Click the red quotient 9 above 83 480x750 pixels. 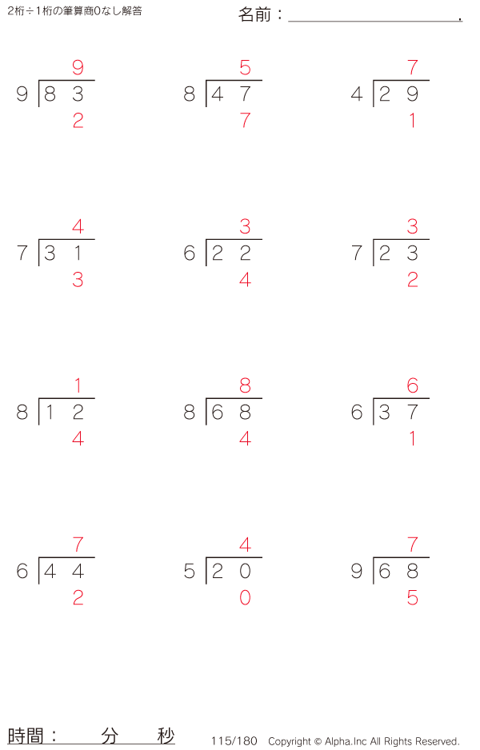point(78,67)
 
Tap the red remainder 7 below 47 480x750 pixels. point(245,120)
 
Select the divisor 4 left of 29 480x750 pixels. point(357,94)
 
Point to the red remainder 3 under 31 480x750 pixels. point(78,279)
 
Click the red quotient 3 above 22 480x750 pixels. point(245,226)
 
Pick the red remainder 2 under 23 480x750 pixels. point(413,279)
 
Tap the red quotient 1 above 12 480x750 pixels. point(78,385)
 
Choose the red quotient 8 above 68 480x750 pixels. point(245,385)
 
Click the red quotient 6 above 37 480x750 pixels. point(413,385)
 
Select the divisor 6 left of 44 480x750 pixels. point(22,571)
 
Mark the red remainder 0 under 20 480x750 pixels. point(245,597)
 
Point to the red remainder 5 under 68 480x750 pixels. point(413,597)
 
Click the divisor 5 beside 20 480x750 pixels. point(189,571)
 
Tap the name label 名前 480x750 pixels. point(254,14)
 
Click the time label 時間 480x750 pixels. point(26,736)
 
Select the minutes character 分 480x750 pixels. point(110,736)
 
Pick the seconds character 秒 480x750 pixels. point(166,736)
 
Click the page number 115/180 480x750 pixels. point(234,741)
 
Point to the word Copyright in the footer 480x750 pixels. point(290,741)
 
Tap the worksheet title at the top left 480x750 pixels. point(74,11)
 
